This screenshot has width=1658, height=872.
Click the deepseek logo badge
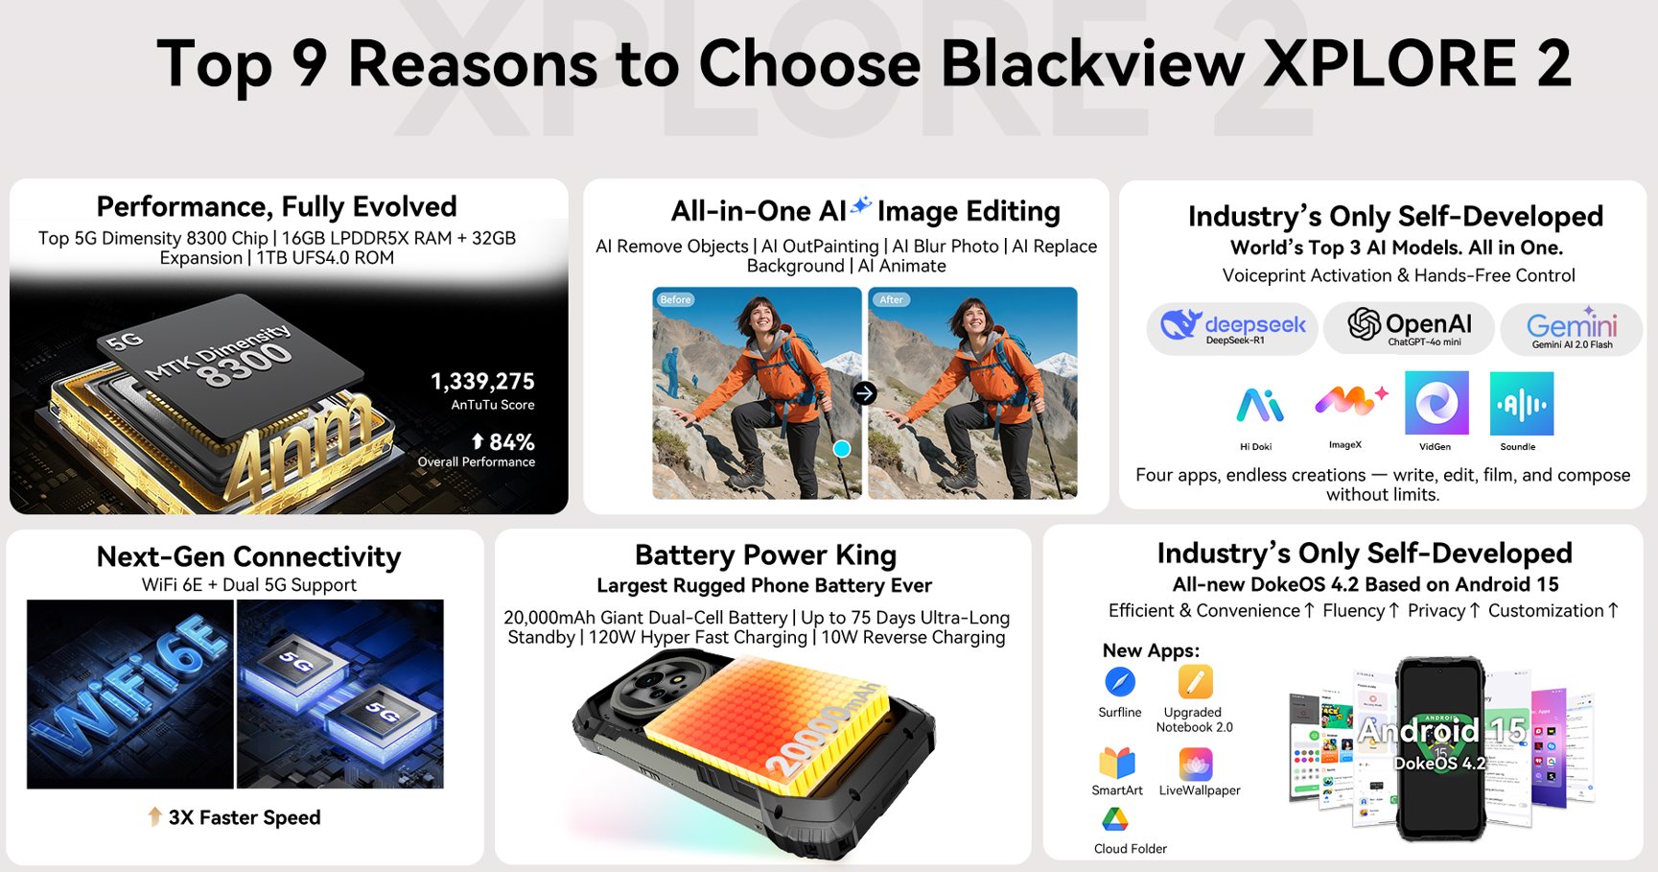pyautogui.click(x=1232, y=328)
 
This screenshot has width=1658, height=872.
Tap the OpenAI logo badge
pyautogui.click(x=1409, y=327)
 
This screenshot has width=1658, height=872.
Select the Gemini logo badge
pyautogui.click(x=1571, y=329)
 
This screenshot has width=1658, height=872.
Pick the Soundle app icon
pyautogui.click(x=1521, y=404)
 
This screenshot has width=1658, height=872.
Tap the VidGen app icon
pyautogui.click(x=1436, y=404)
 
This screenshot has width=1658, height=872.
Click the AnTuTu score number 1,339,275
pyautogui.click(x=482, y=382)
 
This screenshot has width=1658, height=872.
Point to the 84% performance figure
pyautogui.click(x=503, y=442)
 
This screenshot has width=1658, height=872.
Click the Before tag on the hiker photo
pyautogui.click(x=675, y=299)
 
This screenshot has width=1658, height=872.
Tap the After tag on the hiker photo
pyautogui.click(x=891, y=299)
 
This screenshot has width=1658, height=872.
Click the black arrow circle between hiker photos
pyautogui.click(x=865, y=392)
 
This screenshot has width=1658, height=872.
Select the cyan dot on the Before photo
pyautogui.click(x=842, y=448)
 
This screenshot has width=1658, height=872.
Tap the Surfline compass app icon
pyautogui.click(x=1119, y=682)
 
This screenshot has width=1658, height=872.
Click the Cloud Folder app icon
pyautogui.click(x=1114, y=819)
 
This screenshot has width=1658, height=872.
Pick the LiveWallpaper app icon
pyautogui.click(x=1196, y=765)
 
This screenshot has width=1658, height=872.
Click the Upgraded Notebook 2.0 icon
pyautogui.click(x=1195, y=682)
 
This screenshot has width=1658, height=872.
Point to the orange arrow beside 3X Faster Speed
pyautogui.click(x=154, y=816)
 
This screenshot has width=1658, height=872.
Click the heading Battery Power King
pyautogui.click(x=765, y=555)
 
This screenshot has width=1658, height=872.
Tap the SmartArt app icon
pyautogui.click(x=1117, y=764)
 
